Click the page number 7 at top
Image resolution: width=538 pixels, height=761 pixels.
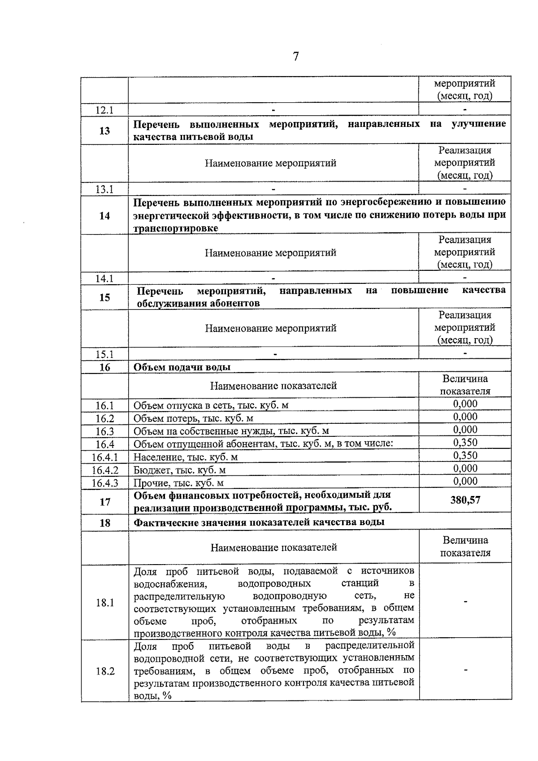point(295,57)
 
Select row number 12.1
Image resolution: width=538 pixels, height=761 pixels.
point(104,110)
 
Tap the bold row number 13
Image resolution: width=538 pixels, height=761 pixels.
point(104,131)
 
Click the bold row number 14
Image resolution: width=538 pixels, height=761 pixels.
point(104,216)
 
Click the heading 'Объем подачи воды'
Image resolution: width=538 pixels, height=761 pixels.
point(182,367)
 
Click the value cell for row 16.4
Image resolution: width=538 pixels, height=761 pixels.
point(465,443)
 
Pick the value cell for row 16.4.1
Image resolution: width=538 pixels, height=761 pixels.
point(465,456)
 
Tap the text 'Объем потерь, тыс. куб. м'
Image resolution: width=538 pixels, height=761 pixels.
point(193,419)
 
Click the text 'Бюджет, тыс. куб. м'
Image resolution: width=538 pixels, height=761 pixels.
point(179,470)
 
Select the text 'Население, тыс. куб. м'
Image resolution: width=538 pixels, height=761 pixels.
point(186,457)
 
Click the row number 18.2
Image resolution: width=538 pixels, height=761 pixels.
point(105,672)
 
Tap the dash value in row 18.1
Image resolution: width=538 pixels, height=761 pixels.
point(465,602)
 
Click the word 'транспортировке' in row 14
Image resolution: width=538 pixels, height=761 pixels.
point(176,229)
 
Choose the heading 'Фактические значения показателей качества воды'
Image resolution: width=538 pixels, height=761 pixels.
point(259,522)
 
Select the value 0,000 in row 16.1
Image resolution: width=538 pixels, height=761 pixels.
point(465,404)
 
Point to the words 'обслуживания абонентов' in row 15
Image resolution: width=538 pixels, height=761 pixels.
point(198,304)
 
